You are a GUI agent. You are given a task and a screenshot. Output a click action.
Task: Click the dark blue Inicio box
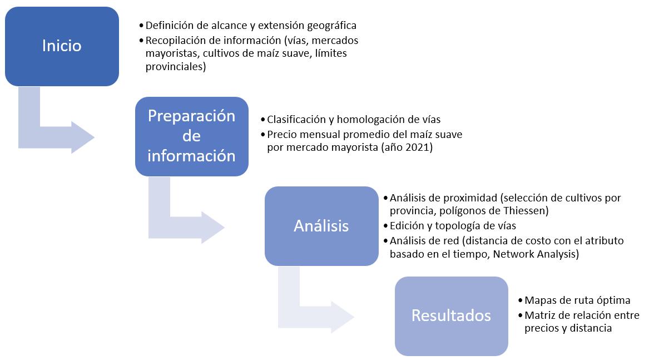coord(62,46)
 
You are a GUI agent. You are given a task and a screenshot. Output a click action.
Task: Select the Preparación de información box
coord(191,136)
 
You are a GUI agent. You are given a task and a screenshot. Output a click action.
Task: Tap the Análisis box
coord(321,225)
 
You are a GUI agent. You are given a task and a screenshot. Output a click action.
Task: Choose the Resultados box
coord(451,315)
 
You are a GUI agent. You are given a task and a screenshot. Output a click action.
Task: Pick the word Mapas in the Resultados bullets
coord(540,300)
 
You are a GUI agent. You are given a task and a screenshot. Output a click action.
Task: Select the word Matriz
coord(539,315)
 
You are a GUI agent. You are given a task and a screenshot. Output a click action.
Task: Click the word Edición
coord(407,226)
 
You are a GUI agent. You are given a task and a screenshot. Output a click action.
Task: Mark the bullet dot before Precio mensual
coord(263,135)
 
